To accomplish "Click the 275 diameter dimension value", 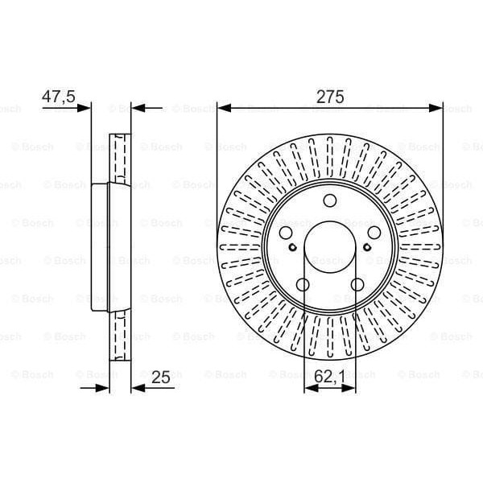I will pos(330,97).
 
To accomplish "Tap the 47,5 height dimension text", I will pos(58,97).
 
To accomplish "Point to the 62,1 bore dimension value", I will pos(330,375).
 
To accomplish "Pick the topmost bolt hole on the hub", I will pos(330,202).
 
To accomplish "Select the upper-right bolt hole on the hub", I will pos(371,232).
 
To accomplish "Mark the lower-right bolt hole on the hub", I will pos(356,283).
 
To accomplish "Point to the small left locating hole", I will pos(295,248).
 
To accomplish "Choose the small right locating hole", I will pos(365,248).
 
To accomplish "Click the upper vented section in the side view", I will pos(119,157).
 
